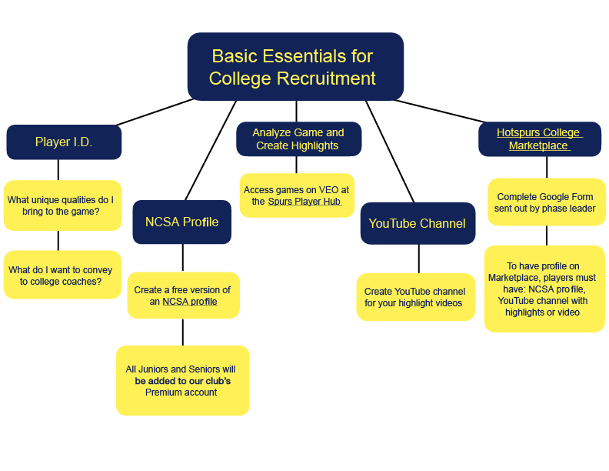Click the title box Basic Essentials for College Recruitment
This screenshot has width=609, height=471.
[295, 66]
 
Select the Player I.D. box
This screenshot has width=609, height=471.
[64, 142]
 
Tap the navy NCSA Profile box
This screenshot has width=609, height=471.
[181, 222]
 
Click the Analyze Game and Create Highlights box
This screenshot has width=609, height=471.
[298, 139]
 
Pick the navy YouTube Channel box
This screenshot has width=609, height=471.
[417, 223]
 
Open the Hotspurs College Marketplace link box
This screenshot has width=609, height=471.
[538, 139]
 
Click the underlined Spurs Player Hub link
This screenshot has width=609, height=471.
[304, 202]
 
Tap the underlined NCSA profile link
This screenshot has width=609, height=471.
[189, 302]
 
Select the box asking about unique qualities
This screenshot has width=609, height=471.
[62, 205]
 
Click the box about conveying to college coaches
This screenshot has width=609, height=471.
[62, 276]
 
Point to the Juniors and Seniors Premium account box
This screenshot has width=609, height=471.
[182, 381]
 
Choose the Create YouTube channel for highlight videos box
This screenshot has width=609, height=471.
[415, 297]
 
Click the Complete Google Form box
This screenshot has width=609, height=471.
[547, 202]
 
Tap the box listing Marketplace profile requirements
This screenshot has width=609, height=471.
[544, 289]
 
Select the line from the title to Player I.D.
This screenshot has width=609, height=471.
[154, 112]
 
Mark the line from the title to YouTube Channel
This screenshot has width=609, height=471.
[392, 150]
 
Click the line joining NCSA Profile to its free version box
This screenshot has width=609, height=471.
[182, 258]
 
